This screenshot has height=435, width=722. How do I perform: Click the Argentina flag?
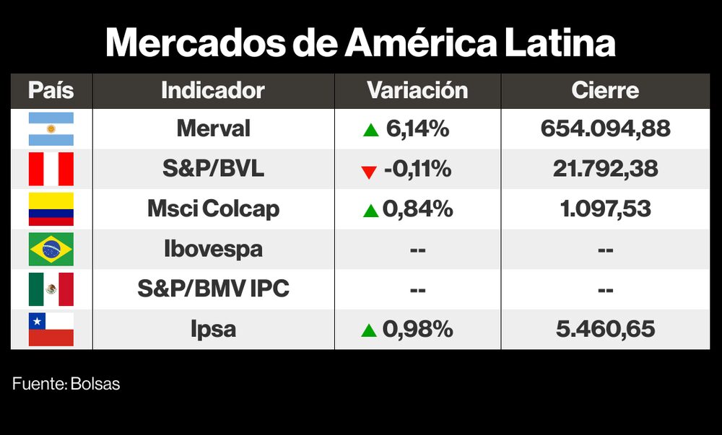51,129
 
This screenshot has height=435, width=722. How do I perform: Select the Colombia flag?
51,209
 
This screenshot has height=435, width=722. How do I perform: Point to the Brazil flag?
51,250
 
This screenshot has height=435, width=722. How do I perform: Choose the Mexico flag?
51,289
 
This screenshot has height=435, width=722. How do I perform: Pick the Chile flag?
51,330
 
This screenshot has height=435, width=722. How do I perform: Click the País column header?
51,91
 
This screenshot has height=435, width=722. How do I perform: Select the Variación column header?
417,91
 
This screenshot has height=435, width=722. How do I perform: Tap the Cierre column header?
605,91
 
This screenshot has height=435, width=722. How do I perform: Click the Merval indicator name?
213,129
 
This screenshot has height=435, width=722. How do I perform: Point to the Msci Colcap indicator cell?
213,209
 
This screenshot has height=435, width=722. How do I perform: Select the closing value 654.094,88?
605,129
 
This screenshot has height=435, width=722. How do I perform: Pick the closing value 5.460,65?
605,330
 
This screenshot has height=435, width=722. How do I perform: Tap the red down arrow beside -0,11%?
369,172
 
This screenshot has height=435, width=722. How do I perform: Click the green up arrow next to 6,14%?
370,131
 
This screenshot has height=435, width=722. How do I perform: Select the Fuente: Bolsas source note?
66,384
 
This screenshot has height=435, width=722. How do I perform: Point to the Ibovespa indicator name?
213,250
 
